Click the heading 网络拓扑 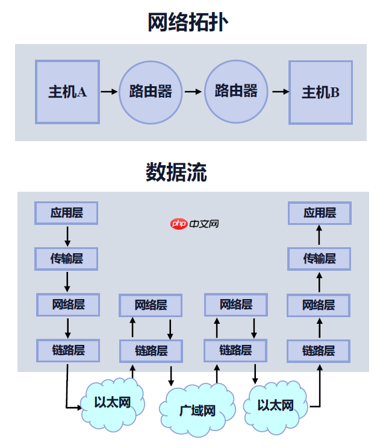[188, 22]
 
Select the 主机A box [67, 92]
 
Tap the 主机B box [320, 92]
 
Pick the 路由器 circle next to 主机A [150, 92]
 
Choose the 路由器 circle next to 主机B [235, 91]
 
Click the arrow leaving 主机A [109, 92]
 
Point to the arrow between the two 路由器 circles [193, 92]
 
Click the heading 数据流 [176, 172]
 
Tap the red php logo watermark [179, 224]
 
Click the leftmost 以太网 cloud [113, 403]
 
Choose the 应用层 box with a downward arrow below [66, 213]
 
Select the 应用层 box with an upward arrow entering [319, 213]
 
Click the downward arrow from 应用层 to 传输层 [67, 235]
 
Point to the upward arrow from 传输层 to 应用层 [319, 235]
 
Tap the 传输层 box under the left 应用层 [66, 259]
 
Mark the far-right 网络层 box [319, 305]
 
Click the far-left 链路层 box [67, 350]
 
